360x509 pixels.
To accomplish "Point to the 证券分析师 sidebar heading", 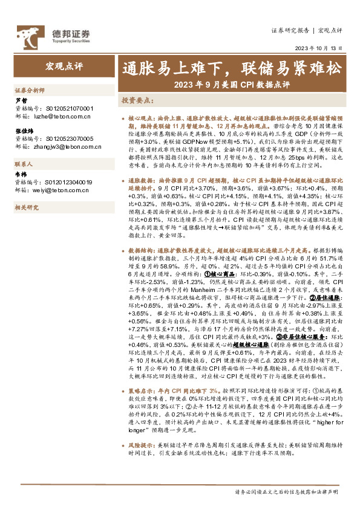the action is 30,89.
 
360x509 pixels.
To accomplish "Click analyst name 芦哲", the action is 21,101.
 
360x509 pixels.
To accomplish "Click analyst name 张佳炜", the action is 24,131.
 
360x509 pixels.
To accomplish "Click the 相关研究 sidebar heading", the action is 27,207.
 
